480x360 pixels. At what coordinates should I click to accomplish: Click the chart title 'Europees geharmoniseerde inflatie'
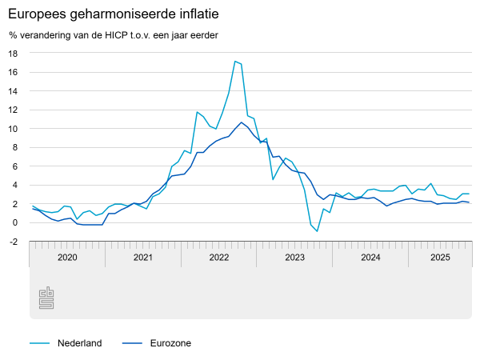114,15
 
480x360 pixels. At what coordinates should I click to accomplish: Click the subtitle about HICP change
114,35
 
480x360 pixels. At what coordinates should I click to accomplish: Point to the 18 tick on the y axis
13,54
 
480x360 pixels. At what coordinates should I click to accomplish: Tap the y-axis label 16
13,72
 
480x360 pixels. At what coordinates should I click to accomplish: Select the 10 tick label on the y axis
13,129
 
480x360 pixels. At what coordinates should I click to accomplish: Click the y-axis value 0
15,223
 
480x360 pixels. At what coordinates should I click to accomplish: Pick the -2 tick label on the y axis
13,242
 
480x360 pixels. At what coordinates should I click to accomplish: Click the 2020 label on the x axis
67,258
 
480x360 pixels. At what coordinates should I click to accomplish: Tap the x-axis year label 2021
143,258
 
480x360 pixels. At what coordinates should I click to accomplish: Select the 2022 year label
219,258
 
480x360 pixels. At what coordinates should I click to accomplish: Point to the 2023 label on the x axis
294,258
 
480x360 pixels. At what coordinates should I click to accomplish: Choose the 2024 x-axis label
370,258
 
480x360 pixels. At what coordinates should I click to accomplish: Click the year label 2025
440,258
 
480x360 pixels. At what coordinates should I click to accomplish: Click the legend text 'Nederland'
79,343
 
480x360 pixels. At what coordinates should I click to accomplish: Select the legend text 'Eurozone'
170,343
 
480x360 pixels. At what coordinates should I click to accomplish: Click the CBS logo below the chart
46,298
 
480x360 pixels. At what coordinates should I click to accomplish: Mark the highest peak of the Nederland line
234,62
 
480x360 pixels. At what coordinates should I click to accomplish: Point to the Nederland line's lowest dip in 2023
318,231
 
